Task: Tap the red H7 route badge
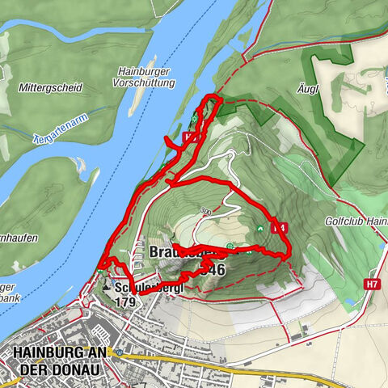click(371, 285)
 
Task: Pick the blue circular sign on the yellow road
click(119, 352)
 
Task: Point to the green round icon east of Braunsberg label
click(231, 246)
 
